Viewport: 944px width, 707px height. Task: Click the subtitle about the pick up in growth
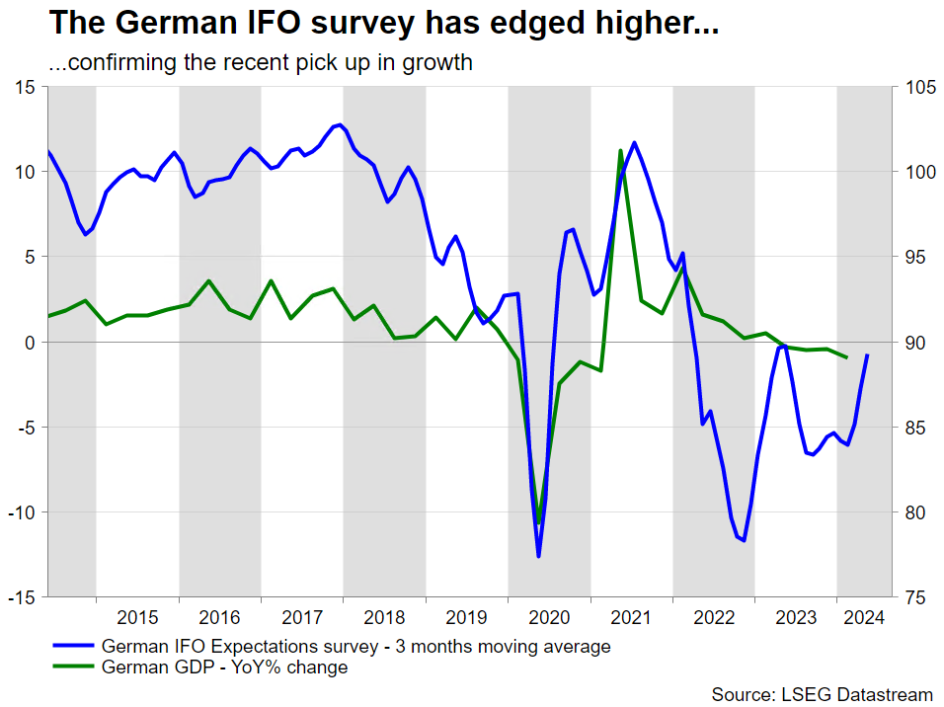(261, 63)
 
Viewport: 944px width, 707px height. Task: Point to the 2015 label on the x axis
(137, 618)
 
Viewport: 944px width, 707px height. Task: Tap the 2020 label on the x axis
(549, 618)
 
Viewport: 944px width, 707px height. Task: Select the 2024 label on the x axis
(862, 618)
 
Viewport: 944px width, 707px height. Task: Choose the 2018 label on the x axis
(384, 618)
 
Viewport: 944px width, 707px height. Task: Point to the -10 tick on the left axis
(21, 512)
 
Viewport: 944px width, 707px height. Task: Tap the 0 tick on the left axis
(30, 343)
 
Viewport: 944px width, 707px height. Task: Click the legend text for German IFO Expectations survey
(356, 647)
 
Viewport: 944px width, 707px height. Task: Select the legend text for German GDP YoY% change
(225, 668)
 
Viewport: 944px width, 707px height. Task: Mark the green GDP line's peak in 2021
(620, 151)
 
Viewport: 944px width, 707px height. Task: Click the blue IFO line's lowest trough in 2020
(539, 556)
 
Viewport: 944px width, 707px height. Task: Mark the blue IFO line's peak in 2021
(634, 142)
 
